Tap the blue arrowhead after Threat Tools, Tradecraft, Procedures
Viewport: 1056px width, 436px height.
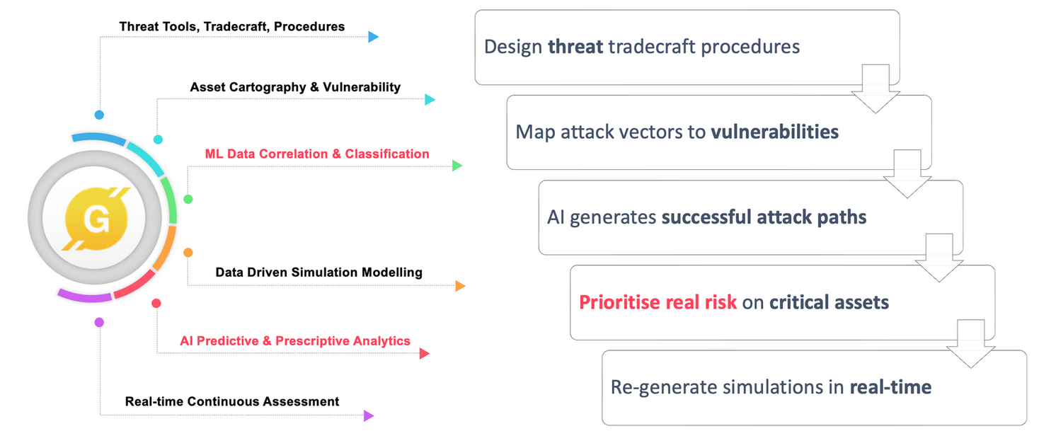point(374,37)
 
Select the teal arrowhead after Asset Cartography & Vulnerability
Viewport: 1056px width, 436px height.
point(429,100)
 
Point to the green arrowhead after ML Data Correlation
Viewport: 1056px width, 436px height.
point(457,166)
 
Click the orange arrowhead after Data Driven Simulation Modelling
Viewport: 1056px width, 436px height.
point(460,286)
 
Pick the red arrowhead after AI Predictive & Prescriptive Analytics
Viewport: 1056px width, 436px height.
point(424,353)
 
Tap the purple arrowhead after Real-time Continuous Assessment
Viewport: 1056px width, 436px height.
point(368,415)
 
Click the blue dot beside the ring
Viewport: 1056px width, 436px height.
point(99,114)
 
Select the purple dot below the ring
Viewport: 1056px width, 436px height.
point(99,322)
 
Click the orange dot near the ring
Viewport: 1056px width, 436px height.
point(188,252)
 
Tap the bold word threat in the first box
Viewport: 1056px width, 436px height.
point(575,47)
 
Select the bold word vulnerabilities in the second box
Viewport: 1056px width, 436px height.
point(775,132)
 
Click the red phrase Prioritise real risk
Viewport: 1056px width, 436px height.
point(658,302)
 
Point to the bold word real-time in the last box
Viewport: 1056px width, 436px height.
point(890,387)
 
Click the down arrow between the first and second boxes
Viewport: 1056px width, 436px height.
point(875,88)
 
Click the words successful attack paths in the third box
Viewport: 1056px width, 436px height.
point(764,217)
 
